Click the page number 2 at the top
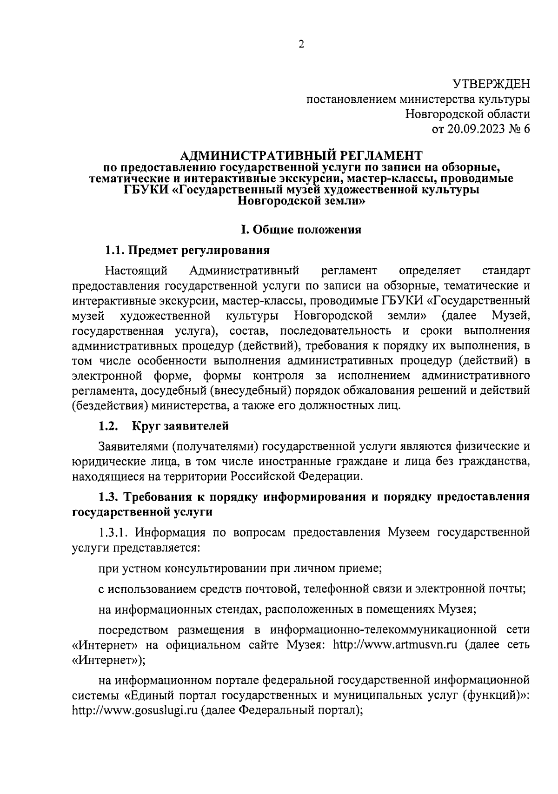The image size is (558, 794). coord(301,45)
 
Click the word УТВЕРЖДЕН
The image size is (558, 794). coord(491,84)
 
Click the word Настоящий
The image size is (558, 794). coord(136,271)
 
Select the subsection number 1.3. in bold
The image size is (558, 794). coord(110,497)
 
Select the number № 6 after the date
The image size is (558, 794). coord(517,129)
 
